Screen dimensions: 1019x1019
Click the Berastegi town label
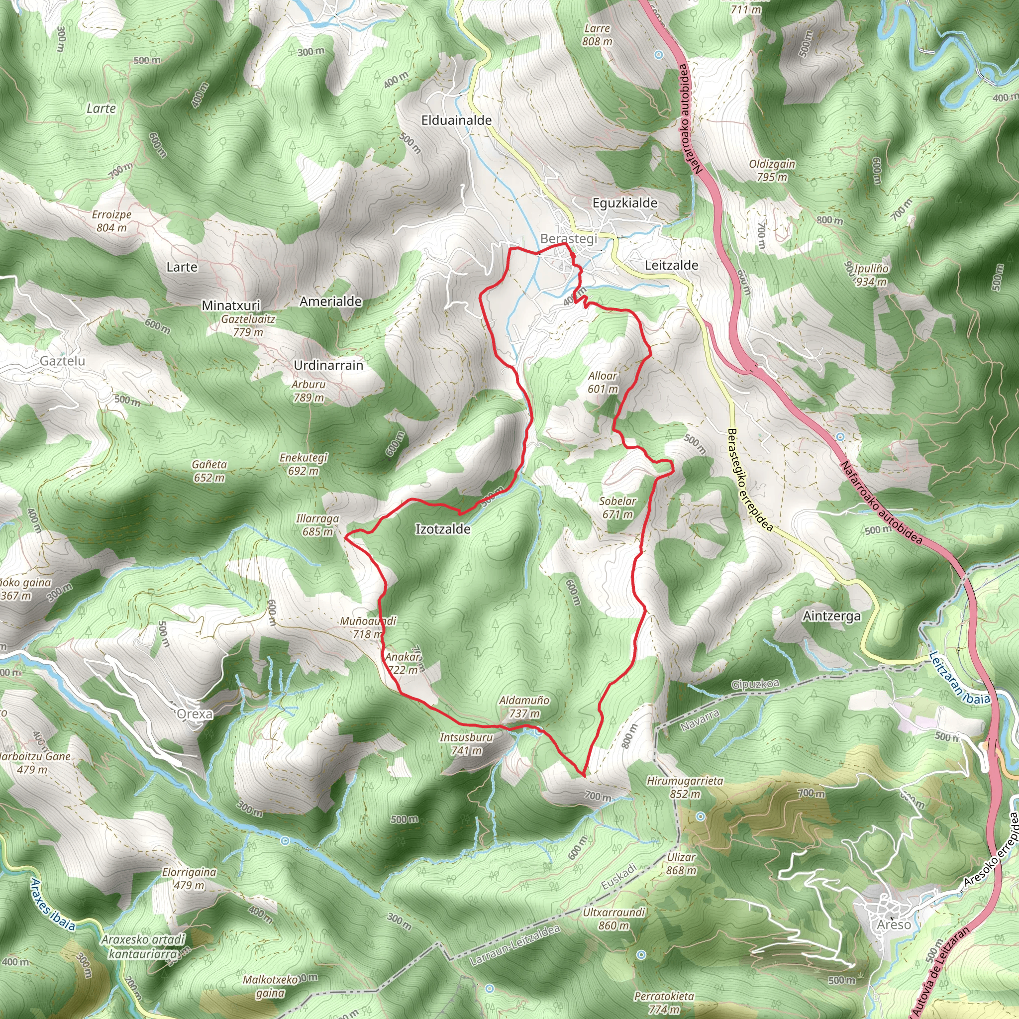[569, 239]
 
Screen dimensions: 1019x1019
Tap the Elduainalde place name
[456, 120]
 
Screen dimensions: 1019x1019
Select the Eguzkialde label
[625, 203]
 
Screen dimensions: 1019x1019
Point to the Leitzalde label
[671, 265]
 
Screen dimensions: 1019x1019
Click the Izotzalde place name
[442, 529]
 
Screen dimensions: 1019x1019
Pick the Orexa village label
[195, 714]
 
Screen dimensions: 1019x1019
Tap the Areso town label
[894, 925]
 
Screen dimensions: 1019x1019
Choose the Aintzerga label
[832, 616]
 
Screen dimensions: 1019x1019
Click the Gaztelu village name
[62, 361]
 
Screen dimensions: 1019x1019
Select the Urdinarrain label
[328, 365]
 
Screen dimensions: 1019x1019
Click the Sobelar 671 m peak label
[617, 508]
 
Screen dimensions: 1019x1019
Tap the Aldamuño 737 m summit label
[524, 707]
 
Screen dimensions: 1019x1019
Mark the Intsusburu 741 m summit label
[466, 744]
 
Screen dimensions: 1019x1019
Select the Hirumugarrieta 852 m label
[685, 787]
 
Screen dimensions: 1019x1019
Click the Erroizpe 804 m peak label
[111, 221]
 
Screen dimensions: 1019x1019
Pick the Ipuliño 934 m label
[871, 275]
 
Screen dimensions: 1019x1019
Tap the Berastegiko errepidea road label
[749, 480]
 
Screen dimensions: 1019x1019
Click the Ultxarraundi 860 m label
[614, 919]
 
